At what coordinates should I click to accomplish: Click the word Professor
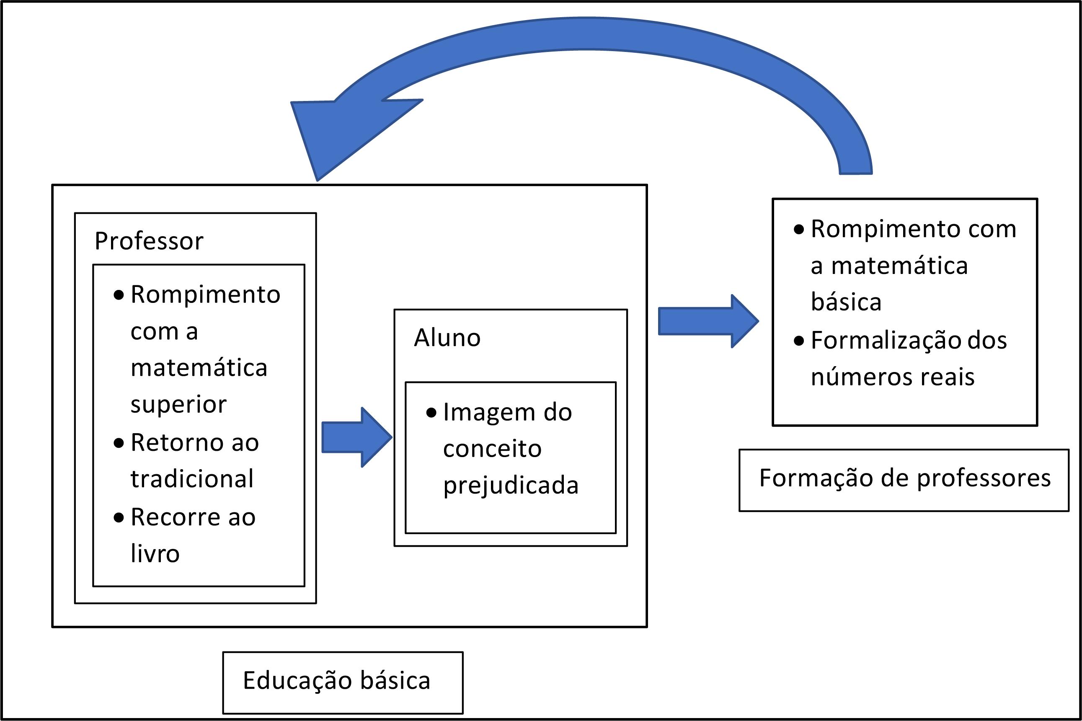[148, 241]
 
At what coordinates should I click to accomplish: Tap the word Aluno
[447, 338]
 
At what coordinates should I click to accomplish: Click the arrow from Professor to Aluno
[356, 437]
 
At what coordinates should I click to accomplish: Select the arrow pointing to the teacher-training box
[708, 321]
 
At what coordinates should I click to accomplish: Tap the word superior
[178, 405]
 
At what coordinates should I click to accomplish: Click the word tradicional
[192, 479]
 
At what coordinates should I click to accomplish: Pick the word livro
[155, 553]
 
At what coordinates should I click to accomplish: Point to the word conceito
[492, 449]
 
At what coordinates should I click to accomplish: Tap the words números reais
[892, 377]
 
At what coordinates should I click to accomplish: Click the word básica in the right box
[846, 302]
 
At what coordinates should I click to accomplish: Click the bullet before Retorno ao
[119, 443]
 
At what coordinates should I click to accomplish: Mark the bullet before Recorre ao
[119, 518]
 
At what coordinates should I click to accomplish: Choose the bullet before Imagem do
[431, 413]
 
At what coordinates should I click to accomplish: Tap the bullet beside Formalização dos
[799, 341]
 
